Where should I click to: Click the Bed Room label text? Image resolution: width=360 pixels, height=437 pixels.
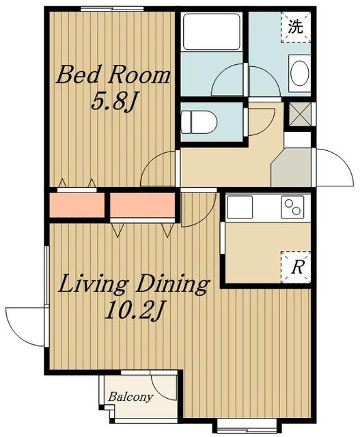(x=113, y=74)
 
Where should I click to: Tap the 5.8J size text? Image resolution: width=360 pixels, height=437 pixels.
(x=113, y=102)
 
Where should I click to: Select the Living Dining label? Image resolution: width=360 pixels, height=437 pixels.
(x=134, y=284)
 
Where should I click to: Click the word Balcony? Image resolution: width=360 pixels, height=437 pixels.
(x=130, y=397)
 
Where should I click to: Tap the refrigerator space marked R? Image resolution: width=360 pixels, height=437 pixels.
(x=296, y=267)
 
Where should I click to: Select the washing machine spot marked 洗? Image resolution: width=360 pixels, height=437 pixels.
(x=296, y=27)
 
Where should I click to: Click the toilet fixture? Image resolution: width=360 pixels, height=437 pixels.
(x=199, y=122)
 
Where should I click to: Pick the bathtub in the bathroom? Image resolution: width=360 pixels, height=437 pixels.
(x=211, y=31)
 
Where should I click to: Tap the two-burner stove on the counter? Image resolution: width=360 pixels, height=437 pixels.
(x=292, y=207)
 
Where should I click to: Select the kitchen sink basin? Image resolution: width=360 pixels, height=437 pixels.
(x=240, y=207)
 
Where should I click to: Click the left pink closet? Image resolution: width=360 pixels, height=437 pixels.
(x=77, y=205)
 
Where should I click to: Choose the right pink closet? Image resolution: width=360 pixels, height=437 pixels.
(x=143, y=205)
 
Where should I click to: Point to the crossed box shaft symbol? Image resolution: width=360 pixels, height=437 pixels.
(x=299, y=114)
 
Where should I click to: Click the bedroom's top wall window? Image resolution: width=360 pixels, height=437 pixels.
(x=113, y=9)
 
